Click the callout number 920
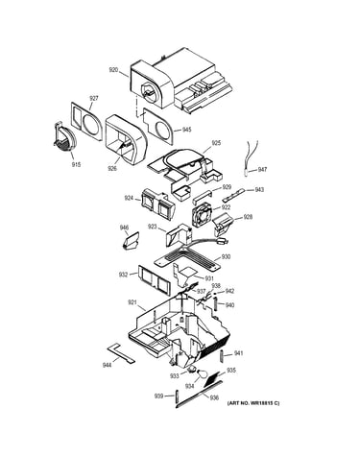coord(113,70)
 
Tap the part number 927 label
coord(94,98)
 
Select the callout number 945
coord(186,130)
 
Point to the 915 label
coord(76,165)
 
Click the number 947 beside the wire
coord(262,170)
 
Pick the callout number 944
coord(107,365)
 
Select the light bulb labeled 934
coord(202,373)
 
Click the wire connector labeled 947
coord(246,172)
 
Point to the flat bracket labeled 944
coord(121,353)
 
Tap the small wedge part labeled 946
coord(132,240)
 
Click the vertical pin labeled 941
coord(222,355)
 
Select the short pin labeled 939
coord(177,397)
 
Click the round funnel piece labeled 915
coord(64,137)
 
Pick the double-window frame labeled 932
coord(156,279)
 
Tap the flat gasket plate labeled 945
coord(159,126)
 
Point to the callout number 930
coord(227,257)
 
